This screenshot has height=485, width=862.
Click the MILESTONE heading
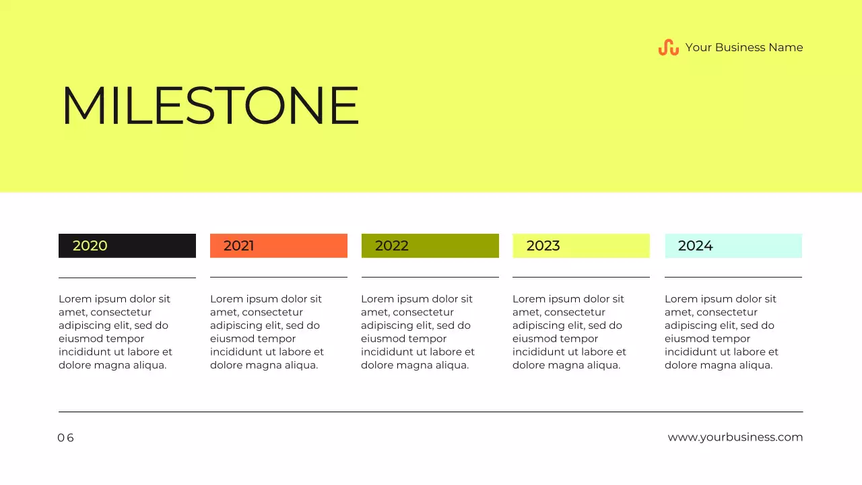click(x=210, y=106)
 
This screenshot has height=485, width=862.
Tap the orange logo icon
click(x=668, y=47)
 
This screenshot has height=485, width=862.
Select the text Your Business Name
click(x=743, y=47)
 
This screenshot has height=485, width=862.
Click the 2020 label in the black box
click(x=90, y=246)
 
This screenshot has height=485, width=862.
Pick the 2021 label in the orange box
click(x=239, y=246)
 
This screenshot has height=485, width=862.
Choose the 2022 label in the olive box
click(x=392, y=246)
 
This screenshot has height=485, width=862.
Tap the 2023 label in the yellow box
click(x=543, y=246)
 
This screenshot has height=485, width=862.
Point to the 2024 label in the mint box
click(x=696, y=246)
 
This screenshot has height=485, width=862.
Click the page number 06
click(x=65, y=438)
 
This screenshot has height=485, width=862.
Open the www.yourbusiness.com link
click(x=735, y=437)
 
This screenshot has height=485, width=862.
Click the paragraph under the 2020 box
click(x=115, y=332)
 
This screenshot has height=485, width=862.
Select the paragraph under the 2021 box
click(x=267, y=332)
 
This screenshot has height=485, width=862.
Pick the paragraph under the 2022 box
click(x=418, y=332)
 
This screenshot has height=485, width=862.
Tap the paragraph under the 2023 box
click(x=569, y=332)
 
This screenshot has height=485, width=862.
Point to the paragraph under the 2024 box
click(x=721, y=332)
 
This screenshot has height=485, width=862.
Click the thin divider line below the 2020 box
click(x=127, y=278)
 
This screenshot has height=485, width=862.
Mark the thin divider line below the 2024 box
click(x=733, y=277)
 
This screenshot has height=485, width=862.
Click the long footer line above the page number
click(x=431, y=412)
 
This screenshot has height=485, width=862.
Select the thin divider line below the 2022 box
click(x=430, y=277)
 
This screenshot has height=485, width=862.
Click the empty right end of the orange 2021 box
click(x=317, y=246)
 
